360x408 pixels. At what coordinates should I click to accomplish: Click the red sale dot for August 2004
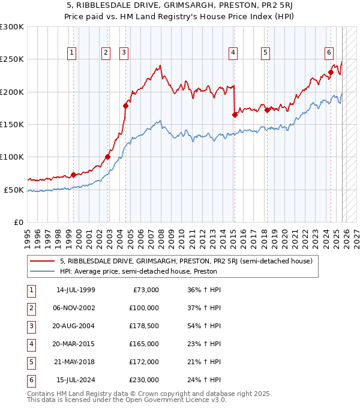pyautogui.click(x=126, y=106)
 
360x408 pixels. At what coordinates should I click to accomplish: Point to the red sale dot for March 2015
pyautogui.click(x=235, y=115)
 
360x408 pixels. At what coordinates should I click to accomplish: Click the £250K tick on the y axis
pyautogui.click(x=12, y=59)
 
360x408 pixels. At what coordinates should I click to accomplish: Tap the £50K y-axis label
pyautogui.click(x=14, y=190)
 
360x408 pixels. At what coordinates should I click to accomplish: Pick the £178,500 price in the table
pyautogui.click(x=144, y=326)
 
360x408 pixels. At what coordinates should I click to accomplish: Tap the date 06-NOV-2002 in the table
pyautogui.click(x=76, y=308)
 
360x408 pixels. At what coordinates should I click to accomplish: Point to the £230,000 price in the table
pyautogui.click(x=144, y=380)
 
